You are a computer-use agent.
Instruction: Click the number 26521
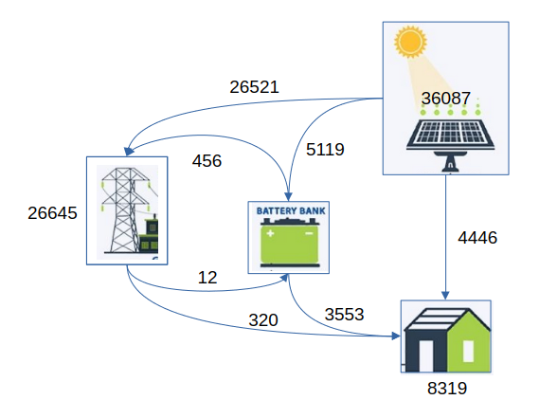(x=254, y=87)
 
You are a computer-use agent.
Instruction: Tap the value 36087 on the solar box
(x=446, y=99)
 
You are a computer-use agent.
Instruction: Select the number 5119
(x=325, y=150)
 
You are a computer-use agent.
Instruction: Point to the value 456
(x=207, y=161)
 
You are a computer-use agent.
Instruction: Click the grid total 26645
(x=52, y=213)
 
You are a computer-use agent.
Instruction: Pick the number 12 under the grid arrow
(x=207, y=278)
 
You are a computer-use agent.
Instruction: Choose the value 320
(x=263, y=320)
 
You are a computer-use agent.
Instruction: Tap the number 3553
(x=344, y=315)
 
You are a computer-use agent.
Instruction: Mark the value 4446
(x=477, y=238)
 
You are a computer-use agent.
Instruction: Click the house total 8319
(x=447, y=389)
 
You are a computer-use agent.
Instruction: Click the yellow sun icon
(x=410, y=42)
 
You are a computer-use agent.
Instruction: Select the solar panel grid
(x=450, y=133)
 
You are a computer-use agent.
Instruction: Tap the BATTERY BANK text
(x=291, y=210)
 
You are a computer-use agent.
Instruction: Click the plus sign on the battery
(x=270, y=233)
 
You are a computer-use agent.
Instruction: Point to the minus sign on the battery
(x=309, y=233)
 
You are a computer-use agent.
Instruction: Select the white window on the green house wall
(x=468, y=351)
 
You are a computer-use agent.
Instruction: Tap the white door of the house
(x=426, y=356)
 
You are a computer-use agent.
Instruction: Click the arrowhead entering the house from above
(x=445, y=296)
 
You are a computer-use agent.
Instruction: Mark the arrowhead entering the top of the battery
(x=288, y=196)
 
